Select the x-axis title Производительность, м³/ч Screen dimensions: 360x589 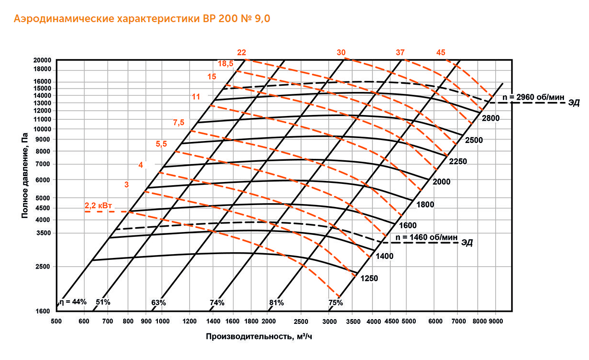click(x=262, y=336)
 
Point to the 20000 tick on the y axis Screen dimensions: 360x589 click(x=42, y=60)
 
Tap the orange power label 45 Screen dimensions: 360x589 click(x=441, y=52)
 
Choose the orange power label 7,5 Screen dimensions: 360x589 click(x=179, y=123)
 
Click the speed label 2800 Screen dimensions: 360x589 click(x=491, y=118)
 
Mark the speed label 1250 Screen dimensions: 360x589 click(x=369, y=278)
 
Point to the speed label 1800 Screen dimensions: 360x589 click(x=425, y=205)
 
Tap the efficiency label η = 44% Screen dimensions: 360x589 click(x=73, y=302)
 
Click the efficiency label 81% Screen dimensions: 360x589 click(x=276, y=303)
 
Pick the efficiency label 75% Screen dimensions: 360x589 click(x=335, y=303)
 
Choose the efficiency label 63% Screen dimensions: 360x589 click(x=159, y=303)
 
